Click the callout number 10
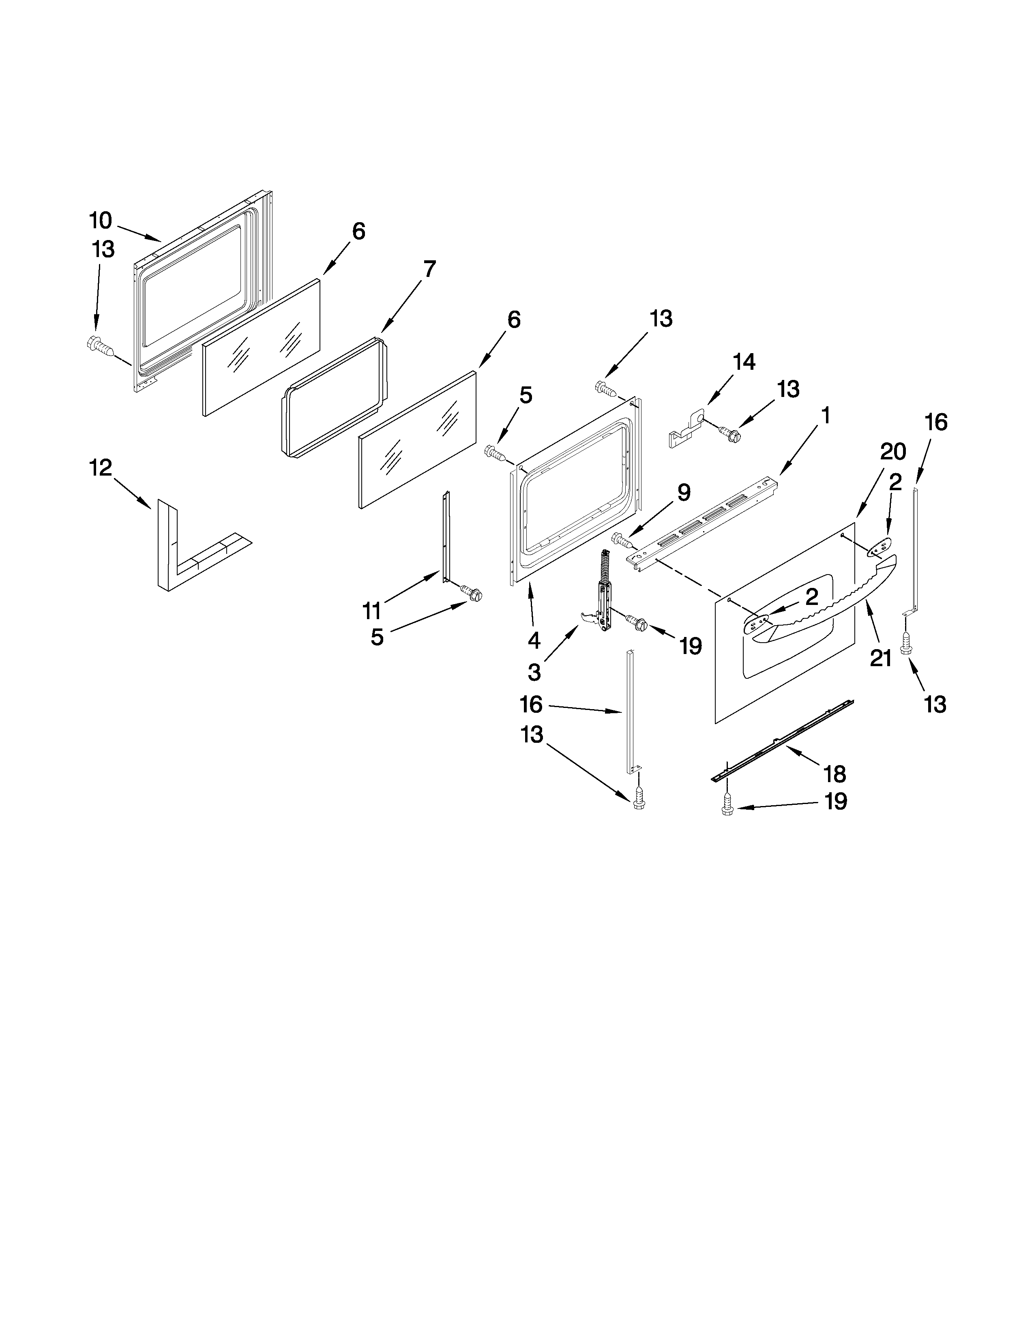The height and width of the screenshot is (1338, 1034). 101,220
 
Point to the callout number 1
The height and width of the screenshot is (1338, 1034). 826,415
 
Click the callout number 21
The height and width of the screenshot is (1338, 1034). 880,658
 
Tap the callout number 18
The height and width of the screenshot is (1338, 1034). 835,774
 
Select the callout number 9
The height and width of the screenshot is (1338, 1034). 684,492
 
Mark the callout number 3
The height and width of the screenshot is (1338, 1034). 534,672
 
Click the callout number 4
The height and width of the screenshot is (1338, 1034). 534,640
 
